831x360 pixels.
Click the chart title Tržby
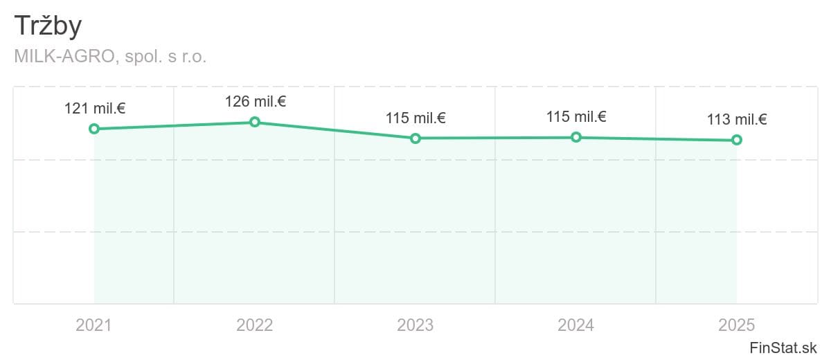pos(48,27)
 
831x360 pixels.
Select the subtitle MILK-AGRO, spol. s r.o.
pos(110,57)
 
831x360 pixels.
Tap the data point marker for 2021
pos(94,129)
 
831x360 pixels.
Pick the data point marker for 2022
pos(255,122)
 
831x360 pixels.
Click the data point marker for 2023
pos(415,138)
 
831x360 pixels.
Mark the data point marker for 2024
pos(576,137)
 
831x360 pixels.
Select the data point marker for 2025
pos(737,140)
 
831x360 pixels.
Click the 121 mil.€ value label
pos(95,109)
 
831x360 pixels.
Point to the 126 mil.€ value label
pos(256,102)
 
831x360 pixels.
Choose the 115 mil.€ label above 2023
pos(415,118)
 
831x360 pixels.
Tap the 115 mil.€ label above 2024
pos(576,117)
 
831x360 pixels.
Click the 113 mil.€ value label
pos(737,120)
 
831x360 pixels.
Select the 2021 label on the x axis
pos(94,325)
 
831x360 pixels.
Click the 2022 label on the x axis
pos(255,325)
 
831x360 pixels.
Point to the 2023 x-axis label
pos(415,325)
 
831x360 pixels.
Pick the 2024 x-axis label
pos(576,325)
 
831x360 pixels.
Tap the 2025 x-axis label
pos(737,325)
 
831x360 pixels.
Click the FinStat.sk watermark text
pos(783,348)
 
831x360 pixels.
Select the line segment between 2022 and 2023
pos(335,130)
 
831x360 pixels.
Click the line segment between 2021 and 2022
pos(175,125)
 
